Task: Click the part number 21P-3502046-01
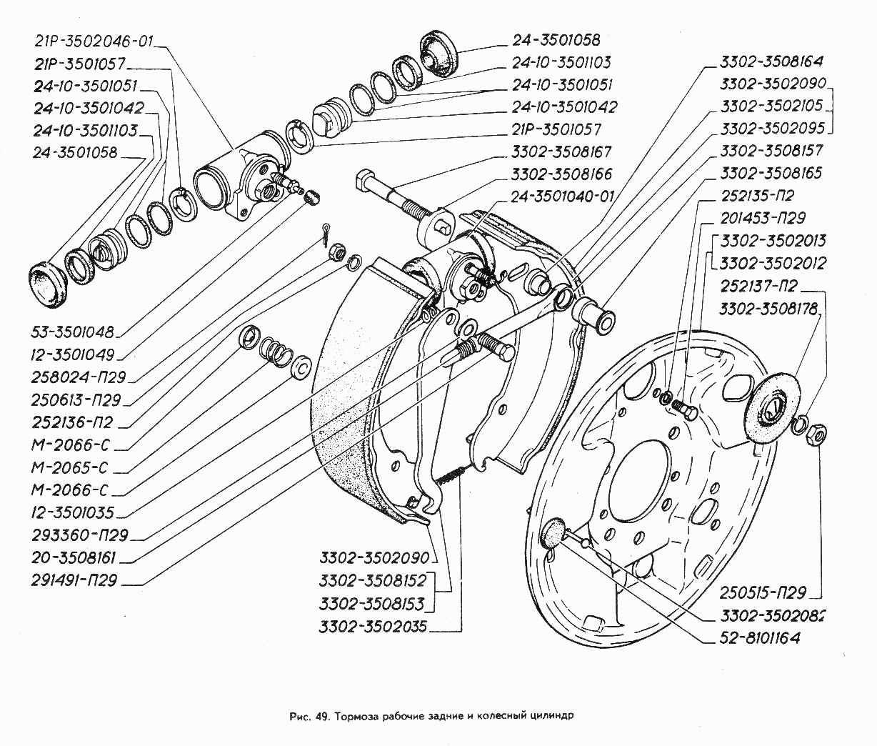click(x=93, y=41)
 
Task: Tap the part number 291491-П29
click(x=75, y=580)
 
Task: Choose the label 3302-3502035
click(x=373, y=627)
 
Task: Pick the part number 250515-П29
click(x=762, y=592)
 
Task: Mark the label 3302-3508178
click(x=768, y=309)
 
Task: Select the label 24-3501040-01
click(x=561, y=196)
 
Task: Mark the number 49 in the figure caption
click(x=319, y=715)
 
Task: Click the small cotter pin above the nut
click(x=327, y=229)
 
